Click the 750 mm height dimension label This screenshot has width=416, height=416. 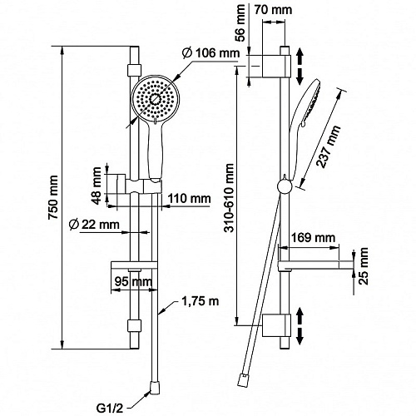point(53,197)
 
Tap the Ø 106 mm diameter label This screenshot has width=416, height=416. point(210,52)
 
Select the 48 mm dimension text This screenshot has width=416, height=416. point(97,186)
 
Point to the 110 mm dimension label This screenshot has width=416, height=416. point(190,199)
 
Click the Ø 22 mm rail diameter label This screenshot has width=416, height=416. point(94,225)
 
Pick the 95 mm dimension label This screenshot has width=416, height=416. point(134,282)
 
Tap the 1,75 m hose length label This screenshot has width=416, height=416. point(201,301)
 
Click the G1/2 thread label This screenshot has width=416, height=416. point(110,409)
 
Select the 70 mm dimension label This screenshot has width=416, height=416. point(273,10)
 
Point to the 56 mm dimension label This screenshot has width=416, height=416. point(240,23)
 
